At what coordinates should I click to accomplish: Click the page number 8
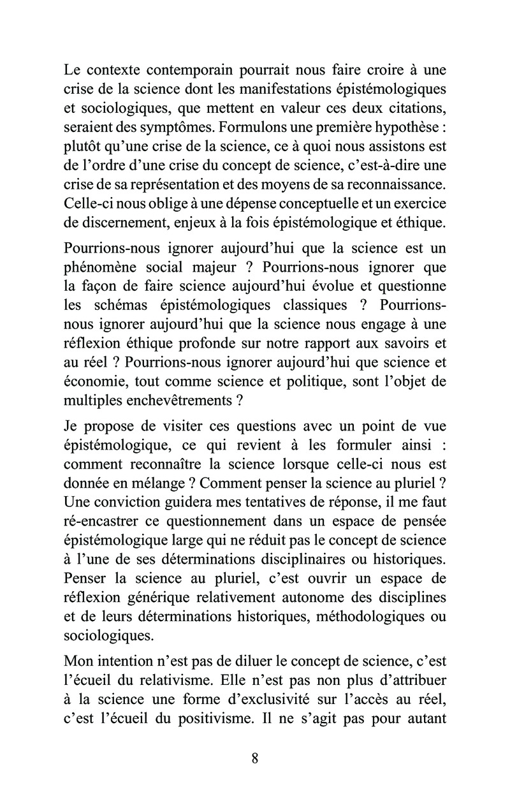(255, 758)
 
